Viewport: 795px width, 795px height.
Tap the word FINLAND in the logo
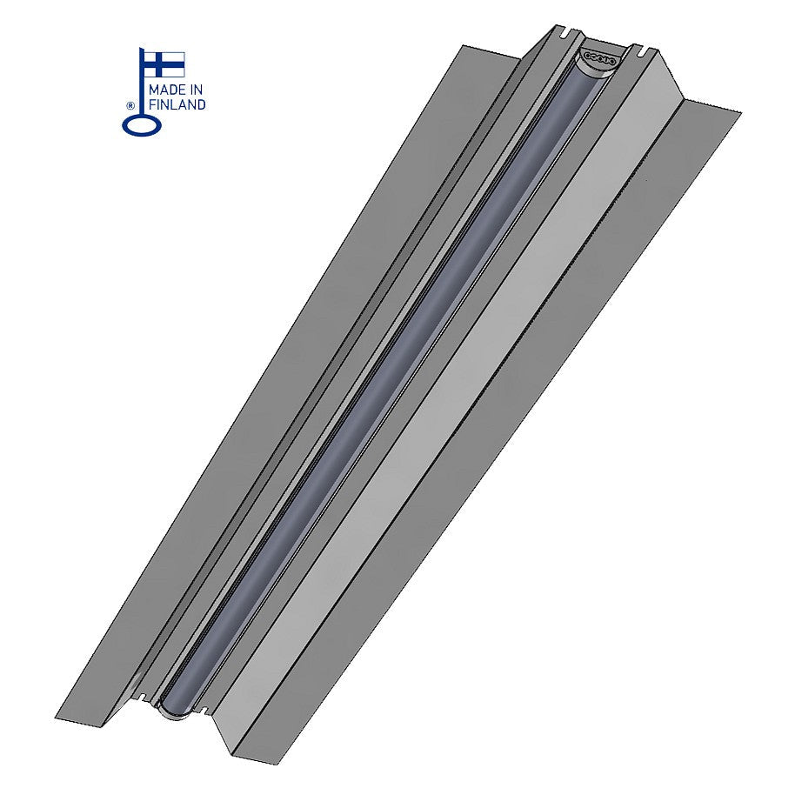[x=177, y=105]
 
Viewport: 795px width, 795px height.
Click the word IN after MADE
[x=197, y=90]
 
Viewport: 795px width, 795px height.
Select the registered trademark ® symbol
[x=130, y=106]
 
